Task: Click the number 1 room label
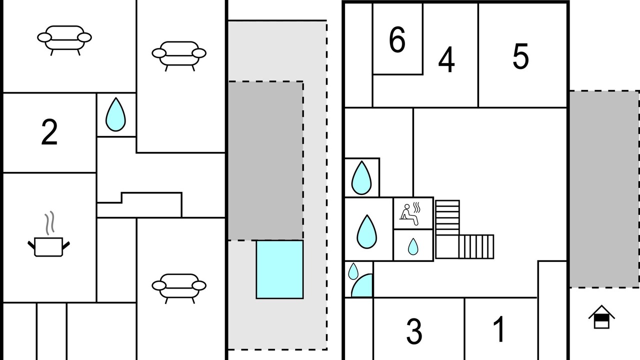(x=499, y=329)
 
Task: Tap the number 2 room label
(x=49, y=132)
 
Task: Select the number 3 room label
(x=414, y=331)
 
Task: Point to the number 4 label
(x=446, y=60)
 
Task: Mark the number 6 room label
(x=397, y=40)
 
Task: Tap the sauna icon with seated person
(x=412, y=212)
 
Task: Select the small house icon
(x=601, y=317)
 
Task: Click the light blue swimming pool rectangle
(x=279, y=269)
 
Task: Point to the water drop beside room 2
(x=115, y=114)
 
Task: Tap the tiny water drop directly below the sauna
(x=413, y=246)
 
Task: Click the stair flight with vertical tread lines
(x=476, y=246)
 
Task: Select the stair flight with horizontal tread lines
(x=447, y=217)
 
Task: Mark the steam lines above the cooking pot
(x=48, y=223)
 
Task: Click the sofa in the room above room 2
(x=64, y=39)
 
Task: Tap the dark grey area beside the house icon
(x=604, y=189)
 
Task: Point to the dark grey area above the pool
(x=265, y=160)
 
